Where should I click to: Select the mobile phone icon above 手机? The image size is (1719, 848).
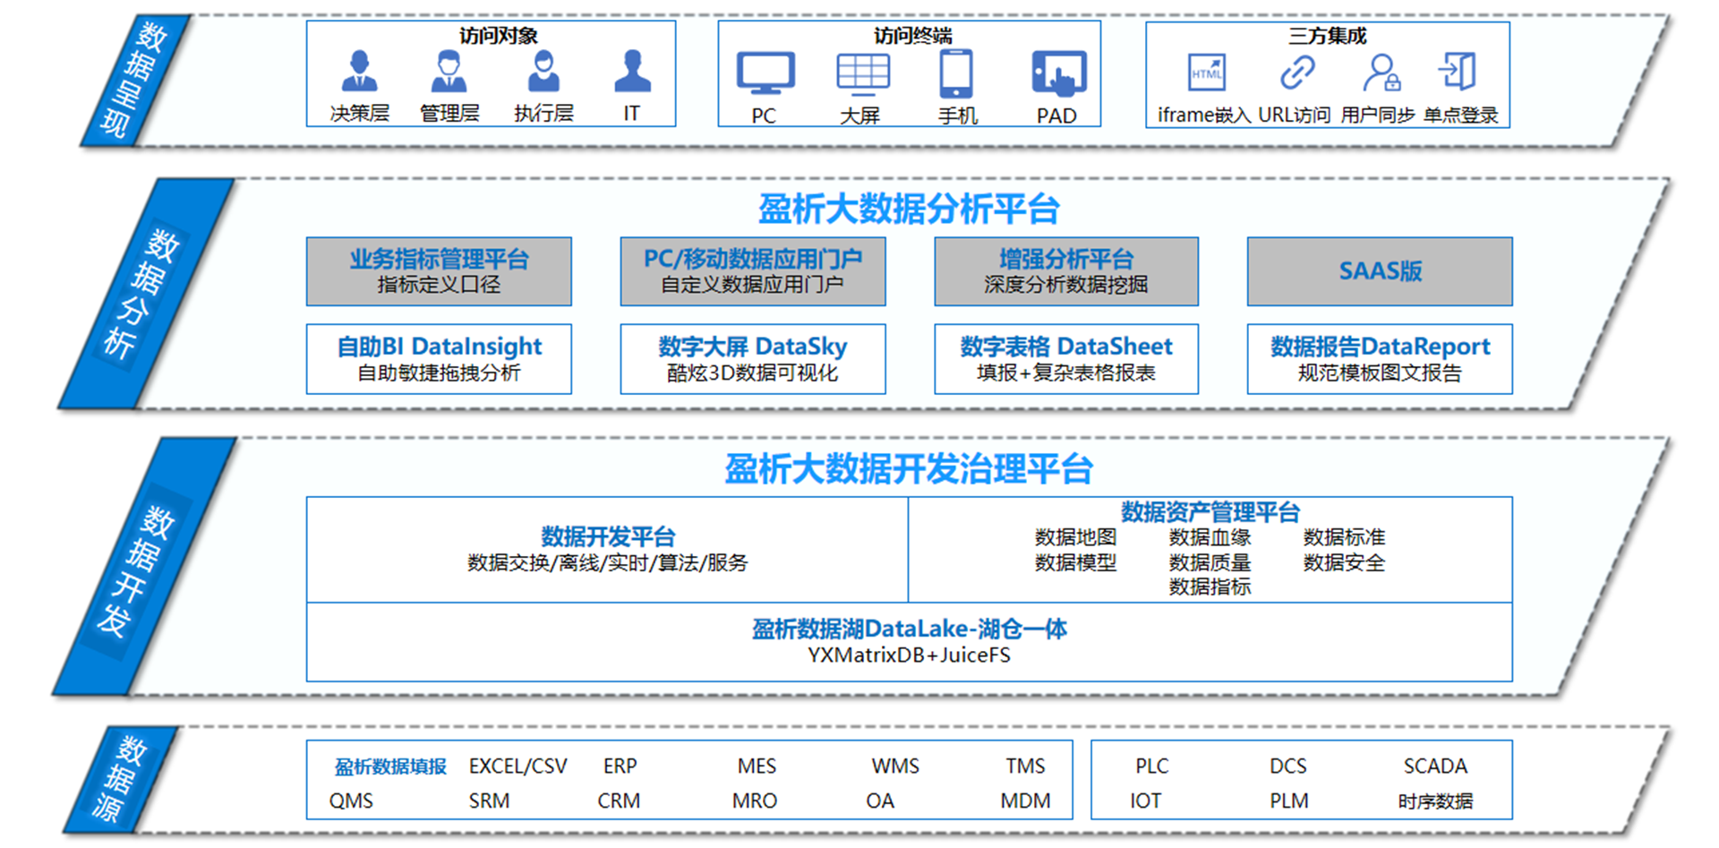tap(956, 73)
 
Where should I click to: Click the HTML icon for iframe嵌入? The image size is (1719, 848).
tap(1207, 73)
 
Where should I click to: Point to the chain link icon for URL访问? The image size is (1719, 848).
tap(1296, 73)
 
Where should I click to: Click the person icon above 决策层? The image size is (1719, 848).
tap(359, 72)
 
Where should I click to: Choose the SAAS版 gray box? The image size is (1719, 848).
tap(1380, 271)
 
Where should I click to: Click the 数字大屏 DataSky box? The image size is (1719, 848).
tap(753, 359)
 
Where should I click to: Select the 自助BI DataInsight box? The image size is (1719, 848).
tap(439, 359)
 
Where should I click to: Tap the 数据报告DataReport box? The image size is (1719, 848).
tap(1380, 359)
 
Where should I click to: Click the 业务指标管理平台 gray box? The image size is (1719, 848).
tap(439, 271)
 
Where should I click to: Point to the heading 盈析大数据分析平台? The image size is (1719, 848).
tap(909, 210)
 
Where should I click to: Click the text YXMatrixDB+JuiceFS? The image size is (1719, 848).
tap(909, 655)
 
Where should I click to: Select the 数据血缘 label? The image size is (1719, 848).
tap(1210, 537)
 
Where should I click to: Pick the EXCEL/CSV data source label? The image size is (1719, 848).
tap(518, 767)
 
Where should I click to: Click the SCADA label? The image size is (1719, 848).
tap(1435, 767)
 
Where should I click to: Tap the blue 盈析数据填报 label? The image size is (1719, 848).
tap(390, 767)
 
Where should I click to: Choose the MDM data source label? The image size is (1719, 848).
tap(1025, 801)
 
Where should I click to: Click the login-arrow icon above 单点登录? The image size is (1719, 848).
tap(1458, 72)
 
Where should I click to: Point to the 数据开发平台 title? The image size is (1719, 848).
tap(608, 536)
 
